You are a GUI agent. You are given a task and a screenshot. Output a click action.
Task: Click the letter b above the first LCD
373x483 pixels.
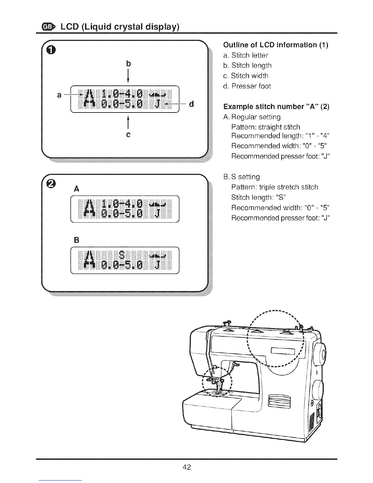(x=128, y=63)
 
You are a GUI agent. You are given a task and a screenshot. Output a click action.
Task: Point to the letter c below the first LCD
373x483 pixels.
(x=128, y=134)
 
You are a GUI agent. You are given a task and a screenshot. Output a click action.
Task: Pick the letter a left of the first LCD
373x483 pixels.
(x=59, y=95)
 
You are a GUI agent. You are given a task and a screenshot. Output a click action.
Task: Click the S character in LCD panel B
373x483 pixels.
(x=122, y=254)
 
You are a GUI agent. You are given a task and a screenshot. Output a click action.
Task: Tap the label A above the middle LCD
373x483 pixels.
(x=76, y=189)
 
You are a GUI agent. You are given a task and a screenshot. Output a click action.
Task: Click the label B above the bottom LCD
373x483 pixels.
(x=76, y=240)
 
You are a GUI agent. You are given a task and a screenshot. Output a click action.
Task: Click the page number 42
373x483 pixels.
(x=187, y=467)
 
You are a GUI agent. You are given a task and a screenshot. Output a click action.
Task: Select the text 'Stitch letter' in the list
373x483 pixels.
(x=250, y=55)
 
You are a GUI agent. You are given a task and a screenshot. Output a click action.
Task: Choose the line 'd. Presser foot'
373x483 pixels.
(x=247, y=86)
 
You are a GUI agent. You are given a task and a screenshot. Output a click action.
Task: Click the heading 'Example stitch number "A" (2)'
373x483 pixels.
(x=276, y=107)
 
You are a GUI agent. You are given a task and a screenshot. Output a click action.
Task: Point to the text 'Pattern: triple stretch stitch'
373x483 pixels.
(x=275, y=187)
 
